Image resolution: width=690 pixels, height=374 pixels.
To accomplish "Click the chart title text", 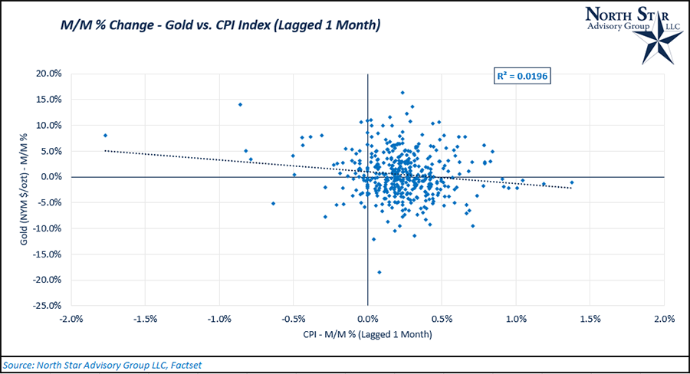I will [x=221, y=26].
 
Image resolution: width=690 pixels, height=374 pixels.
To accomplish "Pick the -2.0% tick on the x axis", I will [x=72, y=319].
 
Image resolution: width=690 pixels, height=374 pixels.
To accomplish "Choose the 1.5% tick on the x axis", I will [x=590, y=319].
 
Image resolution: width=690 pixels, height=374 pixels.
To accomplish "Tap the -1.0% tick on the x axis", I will [x=220, y=319].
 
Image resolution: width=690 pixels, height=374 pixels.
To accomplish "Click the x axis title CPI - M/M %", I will [x=367, y=335].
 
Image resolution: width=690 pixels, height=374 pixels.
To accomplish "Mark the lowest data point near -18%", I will [x=379, y=272].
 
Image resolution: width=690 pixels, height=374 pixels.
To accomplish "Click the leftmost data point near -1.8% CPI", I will [x=105, y=136].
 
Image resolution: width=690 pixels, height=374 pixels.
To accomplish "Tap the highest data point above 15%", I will [x=402, y=93].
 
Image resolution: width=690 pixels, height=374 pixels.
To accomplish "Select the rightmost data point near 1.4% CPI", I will [x=572, y=182].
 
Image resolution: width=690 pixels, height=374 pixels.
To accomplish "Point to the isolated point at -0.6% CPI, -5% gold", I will [x=273, y=203].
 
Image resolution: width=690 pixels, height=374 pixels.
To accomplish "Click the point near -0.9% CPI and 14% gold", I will [x=240, y=104].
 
